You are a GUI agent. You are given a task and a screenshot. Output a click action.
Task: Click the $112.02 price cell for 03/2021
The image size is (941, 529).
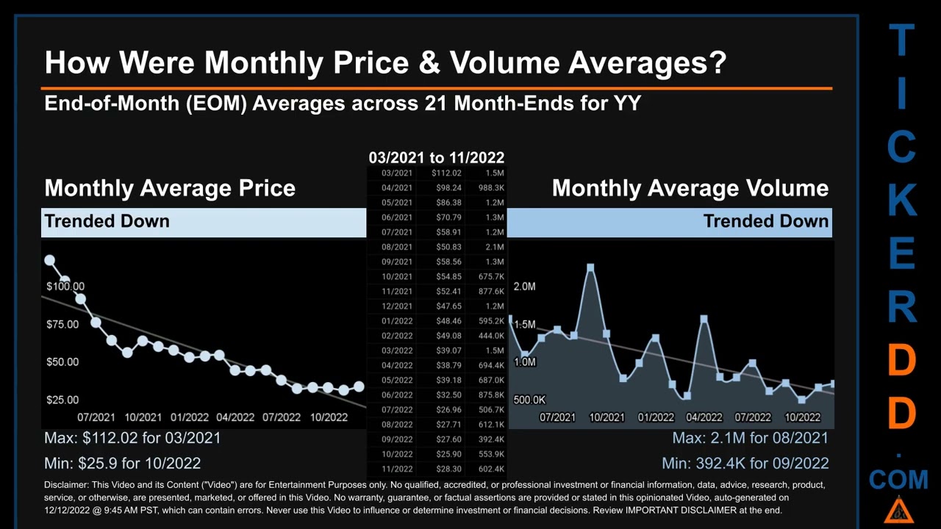[x=446, y=173]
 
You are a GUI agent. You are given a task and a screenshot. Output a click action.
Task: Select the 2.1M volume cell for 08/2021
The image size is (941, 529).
[x=494, y=247]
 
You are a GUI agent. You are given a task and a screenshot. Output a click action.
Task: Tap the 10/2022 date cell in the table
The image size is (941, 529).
[x=397, y=454]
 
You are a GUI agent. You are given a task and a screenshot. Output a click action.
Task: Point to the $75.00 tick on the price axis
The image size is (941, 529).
[x=62, y=324]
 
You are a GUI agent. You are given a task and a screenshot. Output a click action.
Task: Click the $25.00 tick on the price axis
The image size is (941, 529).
[x=62, y=400]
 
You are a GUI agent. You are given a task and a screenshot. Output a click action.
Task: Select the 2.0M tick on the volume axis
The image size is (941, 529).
[x=524, y=286]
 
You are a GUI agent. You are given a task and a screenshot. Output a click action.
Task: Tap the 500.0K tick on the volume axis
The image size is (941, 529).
[x=529, y=400]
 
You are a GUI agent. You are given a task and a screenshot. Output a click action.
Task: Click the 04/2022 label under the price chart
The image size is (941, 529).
[x=235, y=417]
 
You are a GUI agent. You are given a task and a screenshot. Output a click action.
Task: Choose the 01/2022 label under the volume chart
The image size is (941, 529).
[x=656, y=417]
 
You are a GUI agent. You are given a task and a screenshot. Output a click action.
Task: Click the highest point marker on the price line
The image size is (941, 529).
[x=49, y=260]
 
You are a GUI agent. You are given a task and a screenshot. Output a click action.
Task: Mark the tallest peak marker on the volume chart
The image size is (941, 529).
[x=590, y=267]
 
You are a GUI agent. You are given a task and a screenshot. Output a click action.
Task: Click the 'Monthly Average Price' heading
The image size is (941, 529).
[x=170, y=188]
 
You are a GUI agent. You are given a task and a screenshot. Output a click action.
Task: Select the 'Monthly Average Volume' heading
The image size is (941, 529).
[x=690, y=188]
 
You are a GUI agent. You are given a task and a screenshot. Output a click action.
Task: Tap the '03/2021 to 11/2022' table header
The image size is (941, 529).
[x=436, y=158]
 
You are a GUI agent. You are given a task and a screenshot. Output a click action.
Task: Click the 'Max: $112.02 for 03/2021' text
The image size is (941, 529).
[x=132, y=438]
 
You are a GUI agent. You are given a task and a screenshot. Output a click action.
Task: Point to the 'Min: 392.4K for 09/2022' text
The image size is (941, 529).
[x=745, y=463]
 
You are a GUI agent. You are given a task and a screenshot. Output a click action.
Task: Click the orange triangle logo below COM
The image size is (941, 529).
[x=898, y=510]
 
